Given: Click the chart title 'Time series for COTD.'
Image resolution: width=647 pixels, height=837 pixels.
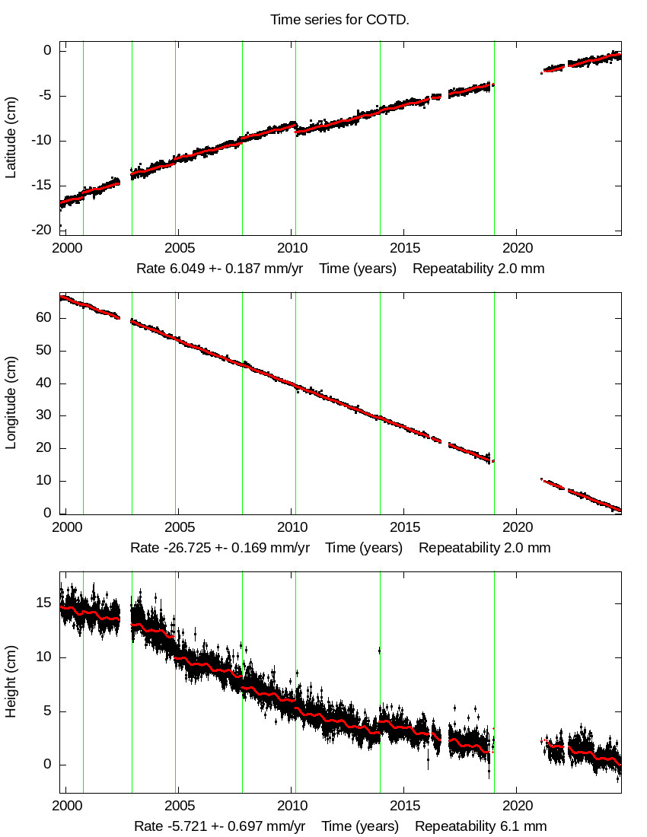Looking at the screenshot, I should pos(339,20).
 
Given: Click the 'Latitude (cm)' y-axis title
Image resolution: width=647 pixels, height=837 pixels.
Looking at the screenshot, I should pos(11,138).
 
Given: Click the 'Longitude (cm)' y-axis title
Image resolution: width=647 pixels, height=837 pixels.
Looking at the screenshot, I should pos(11,405).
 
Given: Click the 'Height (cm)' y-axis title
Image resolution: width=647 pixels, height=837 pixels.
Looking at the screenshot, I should pos(11,683).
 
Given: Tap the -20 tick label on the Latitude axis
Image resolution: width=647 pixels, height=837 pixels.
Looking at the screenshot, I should pos(43,229).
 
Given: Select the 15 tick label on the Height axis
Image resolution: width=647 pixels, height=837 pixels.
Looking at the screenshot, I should pos(43,603).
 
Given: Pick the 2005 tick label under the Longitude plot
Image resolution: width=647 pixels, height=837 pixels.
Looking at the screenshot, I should pos(179,528).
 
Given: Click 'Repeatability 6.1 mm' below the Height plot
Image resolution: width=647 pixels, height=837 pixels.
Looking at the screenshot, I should pos(480,826).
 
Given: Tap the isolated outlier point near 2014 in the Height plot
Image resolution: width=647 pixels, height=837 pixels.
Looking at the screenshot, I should pos(379,651).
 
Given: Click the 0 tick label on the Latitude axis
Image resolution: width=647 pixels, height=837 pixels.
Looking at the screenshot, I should pos(47,51).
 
